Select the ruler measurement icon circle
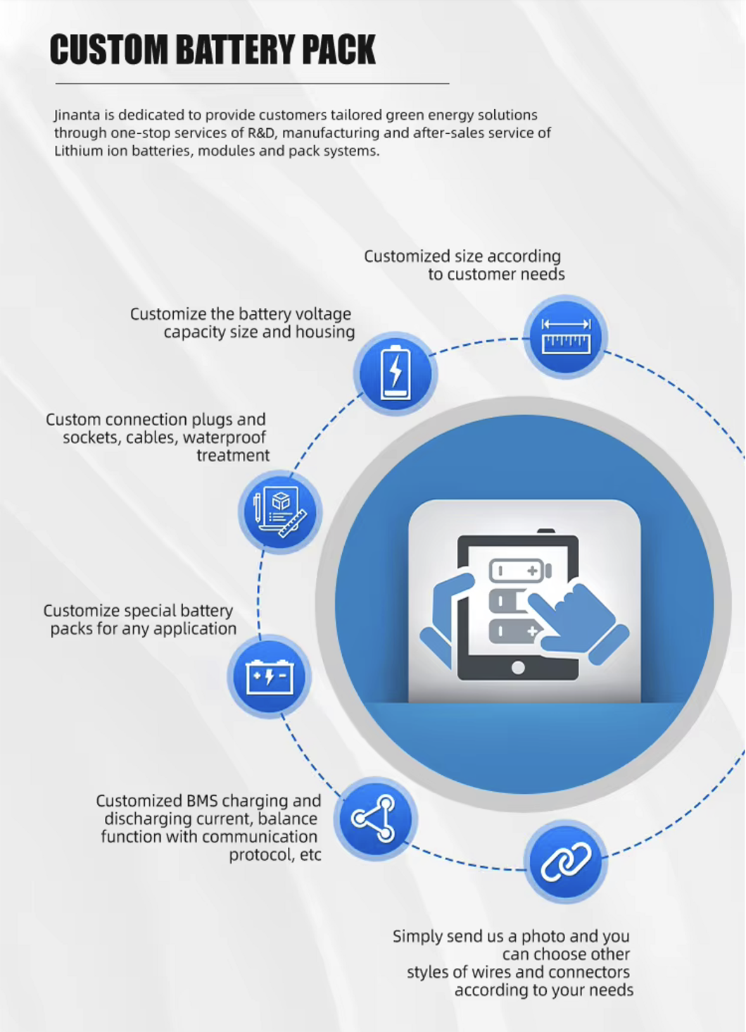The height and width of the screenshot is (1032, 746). (x=566, y=337)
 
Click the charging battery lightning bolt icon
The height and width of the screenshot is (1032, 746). (x=395, y=373)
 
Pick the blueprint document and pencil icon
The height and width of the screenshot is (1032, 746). (x=280, y=512)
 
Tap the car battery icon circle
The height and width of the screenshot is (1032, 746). (x=270, y=676)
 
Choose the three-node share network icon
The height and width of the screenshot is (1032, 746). (x=375, y=819)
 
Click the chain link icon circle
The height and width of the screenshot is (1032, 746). (x=566, y=862)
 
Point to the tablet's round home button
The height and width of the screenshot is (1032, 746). (x=518, y=668)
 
